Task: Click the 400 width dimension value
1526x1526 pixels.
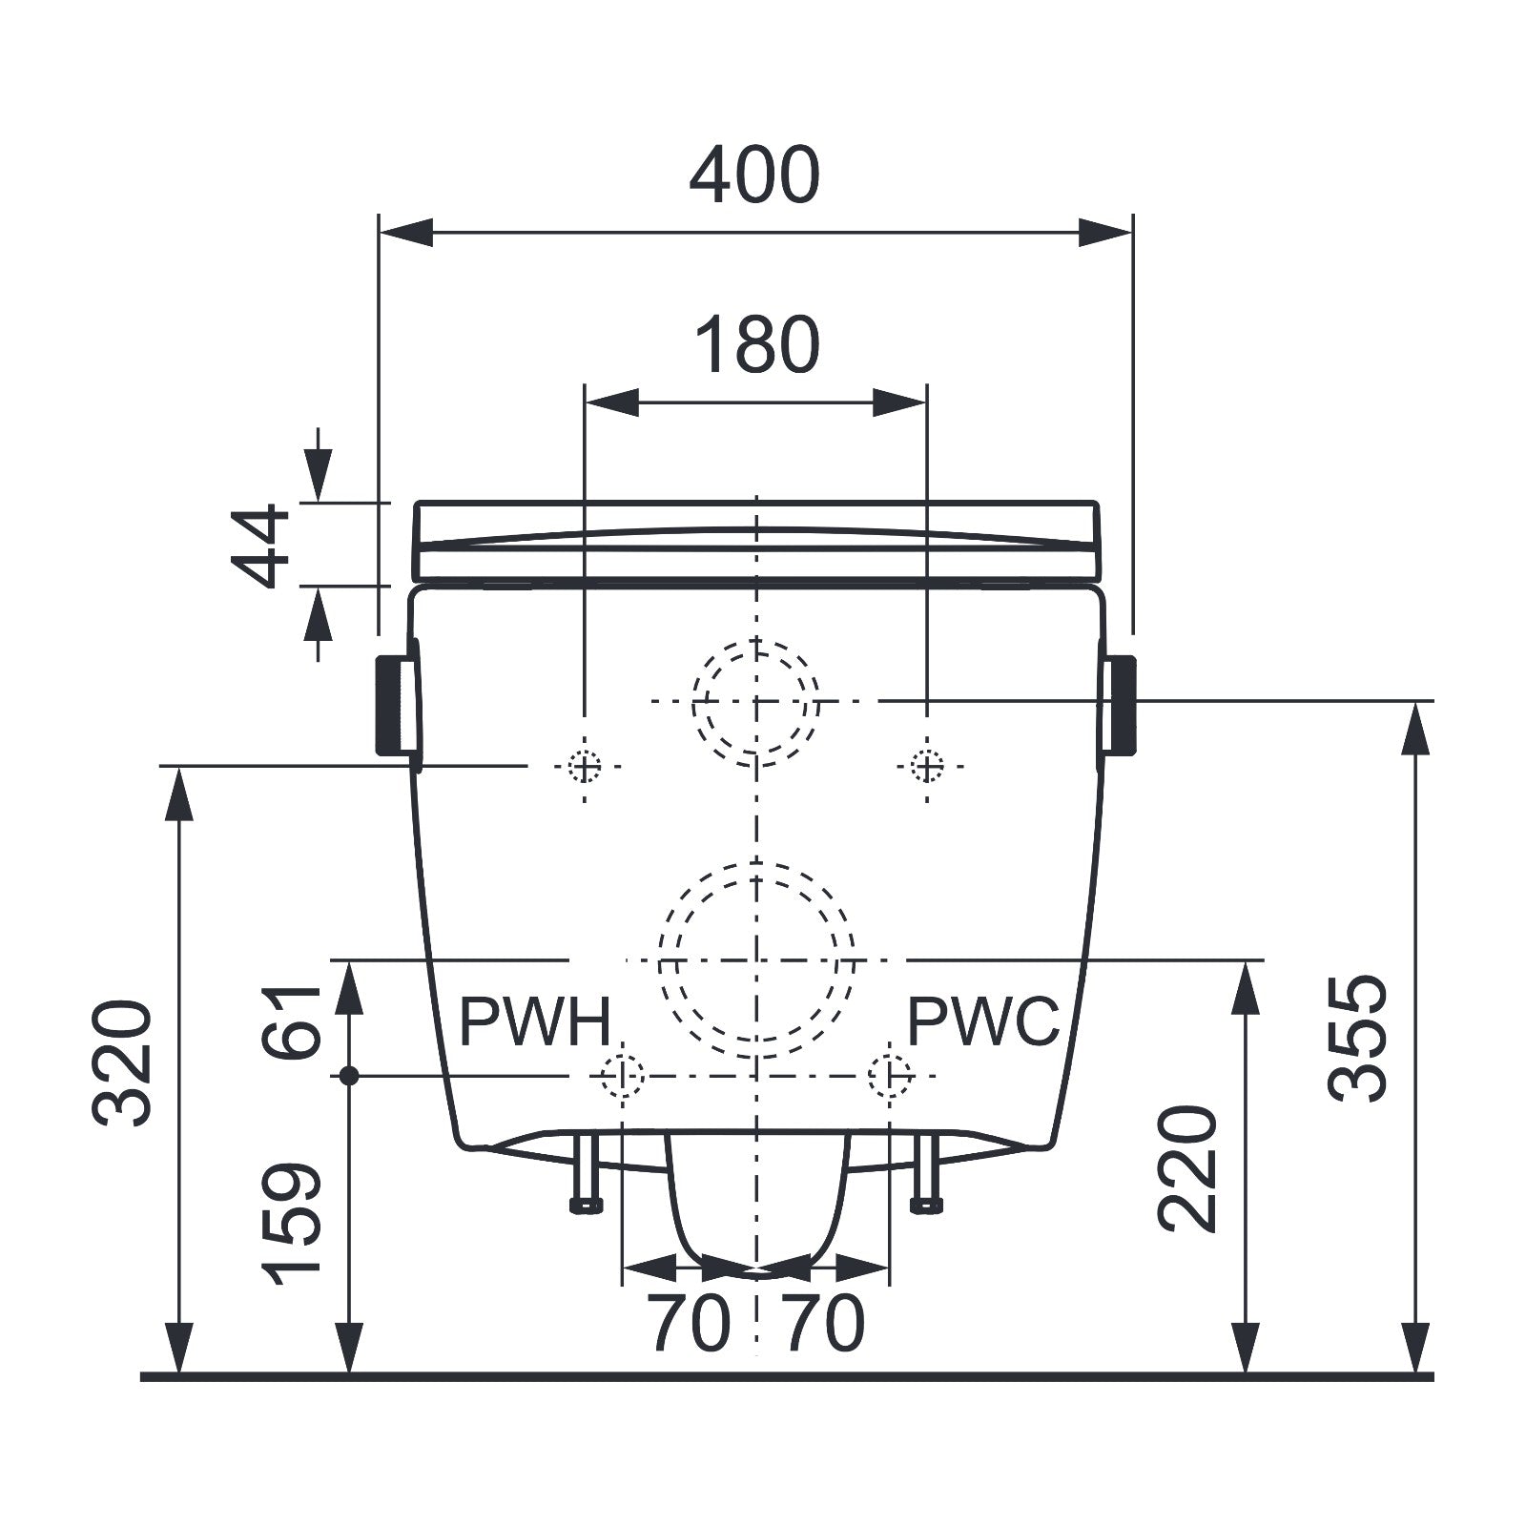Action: point(753,175)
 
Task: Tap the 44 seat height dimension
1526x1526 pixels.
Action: point(261,545)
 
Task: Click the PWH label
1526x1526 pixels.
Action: point(534,1021)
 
